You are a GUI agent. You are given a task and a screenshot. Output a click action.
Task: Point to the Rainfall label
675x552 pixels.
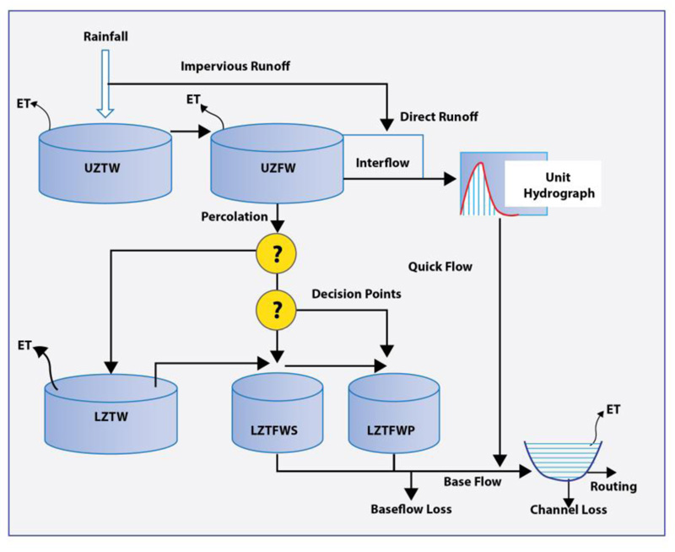click(x=107, y=36)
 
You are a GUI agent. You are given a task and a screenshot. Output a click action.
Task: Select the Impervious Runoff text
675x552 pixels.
click(x=235, y=67)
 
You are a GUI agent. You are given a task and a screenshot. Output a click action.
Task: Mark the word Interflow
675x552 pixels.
click(x=381, y=162)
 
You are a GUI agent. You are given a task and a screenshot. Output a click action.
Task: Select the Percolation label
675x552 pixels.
click(x=234, y=217)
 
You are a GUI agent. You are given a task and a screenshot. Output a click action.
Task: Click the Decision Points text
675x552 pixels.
click(x=356, y=295)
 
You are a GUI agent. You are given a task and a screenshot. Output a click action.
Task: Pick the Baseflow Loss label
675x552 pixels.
click(x=411, y=509)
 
